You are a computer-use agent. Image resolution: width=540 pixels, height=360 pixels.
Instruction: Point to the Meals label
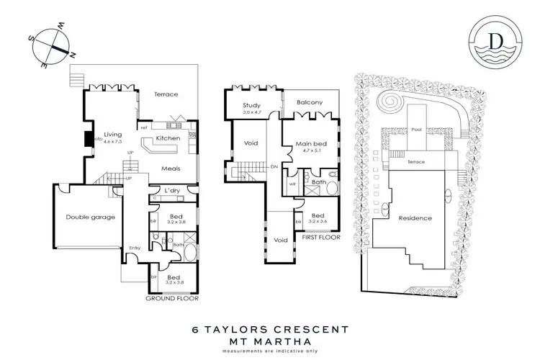pos(170,169)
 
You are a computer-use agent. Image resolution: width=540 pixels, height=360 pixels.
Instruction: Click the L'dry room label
pos(171,190)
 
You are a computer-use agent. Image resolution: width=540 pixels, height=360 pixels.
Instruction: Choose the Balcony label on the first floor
pos(309,103)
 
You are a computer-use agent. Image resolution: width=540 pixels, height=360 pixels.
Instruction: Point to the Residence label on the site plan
pos(415,218)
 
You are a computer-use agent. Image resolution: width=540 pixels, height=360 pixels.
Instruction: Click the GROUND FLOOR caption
pos(171,297)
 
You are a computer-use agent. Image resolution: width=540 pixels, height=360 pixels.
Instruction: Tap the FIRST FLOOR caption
pos(321,237)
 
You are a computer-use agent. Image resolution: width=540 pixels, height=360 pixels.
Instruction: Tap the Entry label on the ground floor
pos(135,248)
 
